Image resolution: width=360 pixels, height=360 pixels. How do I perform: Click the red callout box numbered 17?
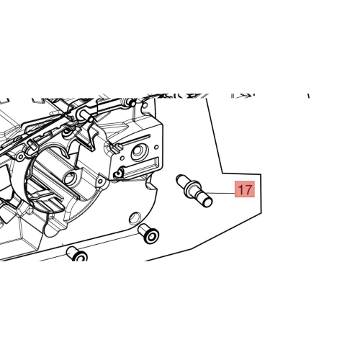coord(245,189)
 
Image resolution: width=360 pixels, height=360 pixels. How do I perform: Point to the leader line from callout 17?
coord(222,193)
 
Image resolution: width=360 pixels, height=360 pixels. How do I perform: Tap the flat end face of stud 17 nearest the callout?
coord(207,202)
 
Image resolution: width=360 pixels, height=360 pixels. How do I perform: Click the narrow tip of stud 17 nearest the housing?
coord(179,179)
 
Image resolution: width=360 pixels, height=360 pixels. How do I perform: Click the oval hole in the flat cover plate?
coord(135,217)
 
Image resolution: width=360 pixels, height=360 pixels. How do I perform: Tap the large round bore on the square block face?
coord(138,152)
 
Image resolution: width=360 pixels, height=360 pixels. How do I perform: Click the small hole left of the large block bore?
coord(122,158)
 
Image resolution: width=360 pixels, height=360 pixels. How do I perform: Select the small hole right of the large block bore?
coord(157,147)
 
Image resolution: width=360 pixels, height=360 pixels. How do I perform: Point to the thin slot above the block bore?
coord(136,140)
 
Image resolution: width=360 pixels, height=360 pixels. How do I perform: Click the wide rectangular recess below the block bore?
coord(142,167)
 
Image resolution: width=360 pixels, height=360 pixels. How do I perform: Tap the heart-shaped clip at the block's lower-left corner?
coord(118,174)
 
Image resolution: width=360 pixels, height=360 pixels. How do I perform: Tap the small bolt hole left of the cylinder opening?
coord(21,157)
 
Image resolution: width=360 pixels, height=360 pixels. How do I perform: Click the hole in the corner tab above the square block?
coord(145,105)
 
